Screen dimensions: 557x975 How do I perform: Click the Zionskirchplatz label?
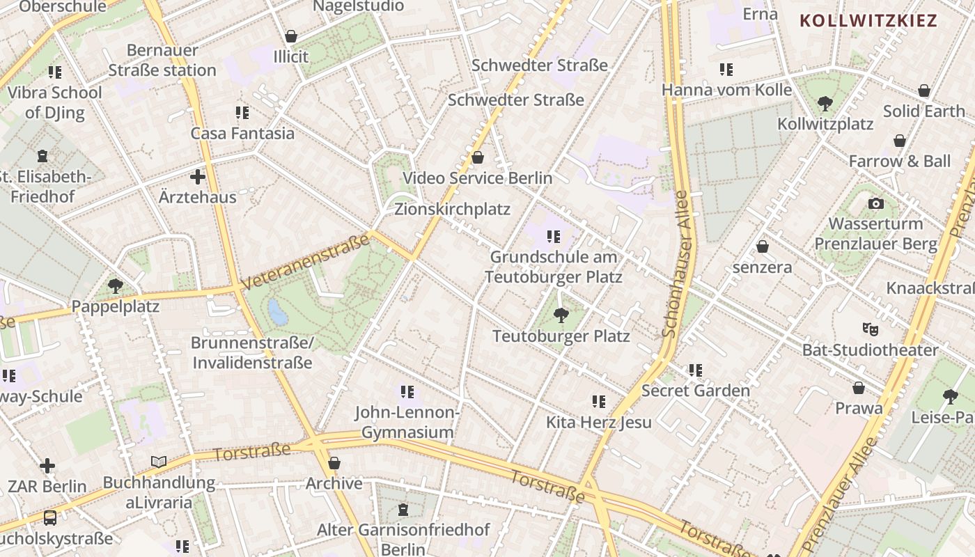452,209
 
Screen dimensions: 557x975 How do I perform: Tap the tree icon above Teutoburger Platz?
561,315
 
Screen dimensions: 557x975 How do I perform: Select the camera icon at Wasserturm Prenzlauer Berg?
876,203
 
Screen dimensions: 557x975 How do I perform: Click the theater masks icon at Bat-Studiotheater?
870,328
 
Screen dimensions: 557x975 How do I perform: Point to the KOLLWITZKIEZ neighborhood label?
868,20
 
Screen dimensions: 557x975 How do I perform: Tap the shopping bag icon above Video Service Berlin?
478,157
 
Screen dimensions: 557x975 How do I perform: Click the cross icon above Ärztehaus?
198,177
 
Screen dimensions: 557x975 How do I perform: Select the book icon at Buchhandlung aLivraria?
159,462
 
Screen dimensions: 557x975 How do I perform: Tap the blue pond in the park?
278,313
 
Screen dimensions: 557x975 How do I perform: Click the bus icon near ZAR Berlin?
50,517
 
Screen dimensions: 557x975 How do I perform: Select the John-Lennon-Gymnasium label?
407,422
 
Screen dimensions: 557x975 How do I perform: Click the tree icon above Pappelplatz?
116,285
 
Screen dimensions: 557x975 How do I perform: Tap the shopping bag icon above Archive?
334,463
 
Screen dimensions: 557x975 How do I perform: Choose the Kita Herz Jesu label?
598,422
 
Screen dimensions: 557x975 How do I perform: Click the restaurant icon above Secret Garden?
695,370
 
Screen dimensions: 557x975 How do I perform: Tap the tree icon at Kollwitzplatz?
825,104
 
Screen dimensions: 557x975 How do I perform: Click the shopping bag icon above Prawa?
859,388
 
